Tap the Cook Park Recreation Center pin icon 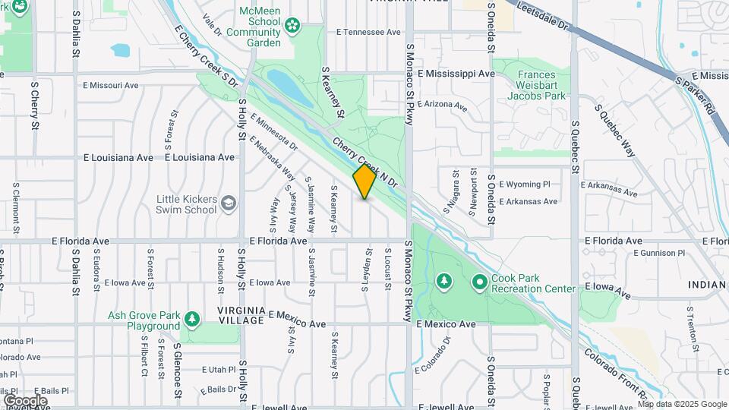click(x=479, y=282)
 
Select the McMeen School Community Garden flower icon click(x=292, y=28)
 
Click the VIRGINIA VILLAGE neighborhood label click(x=241, y=317)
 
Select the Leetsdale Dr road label click(x=542, y=15)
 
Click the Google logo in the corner click(x=25, y=400)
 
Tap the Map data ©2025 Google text click(x=680, y=404)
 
